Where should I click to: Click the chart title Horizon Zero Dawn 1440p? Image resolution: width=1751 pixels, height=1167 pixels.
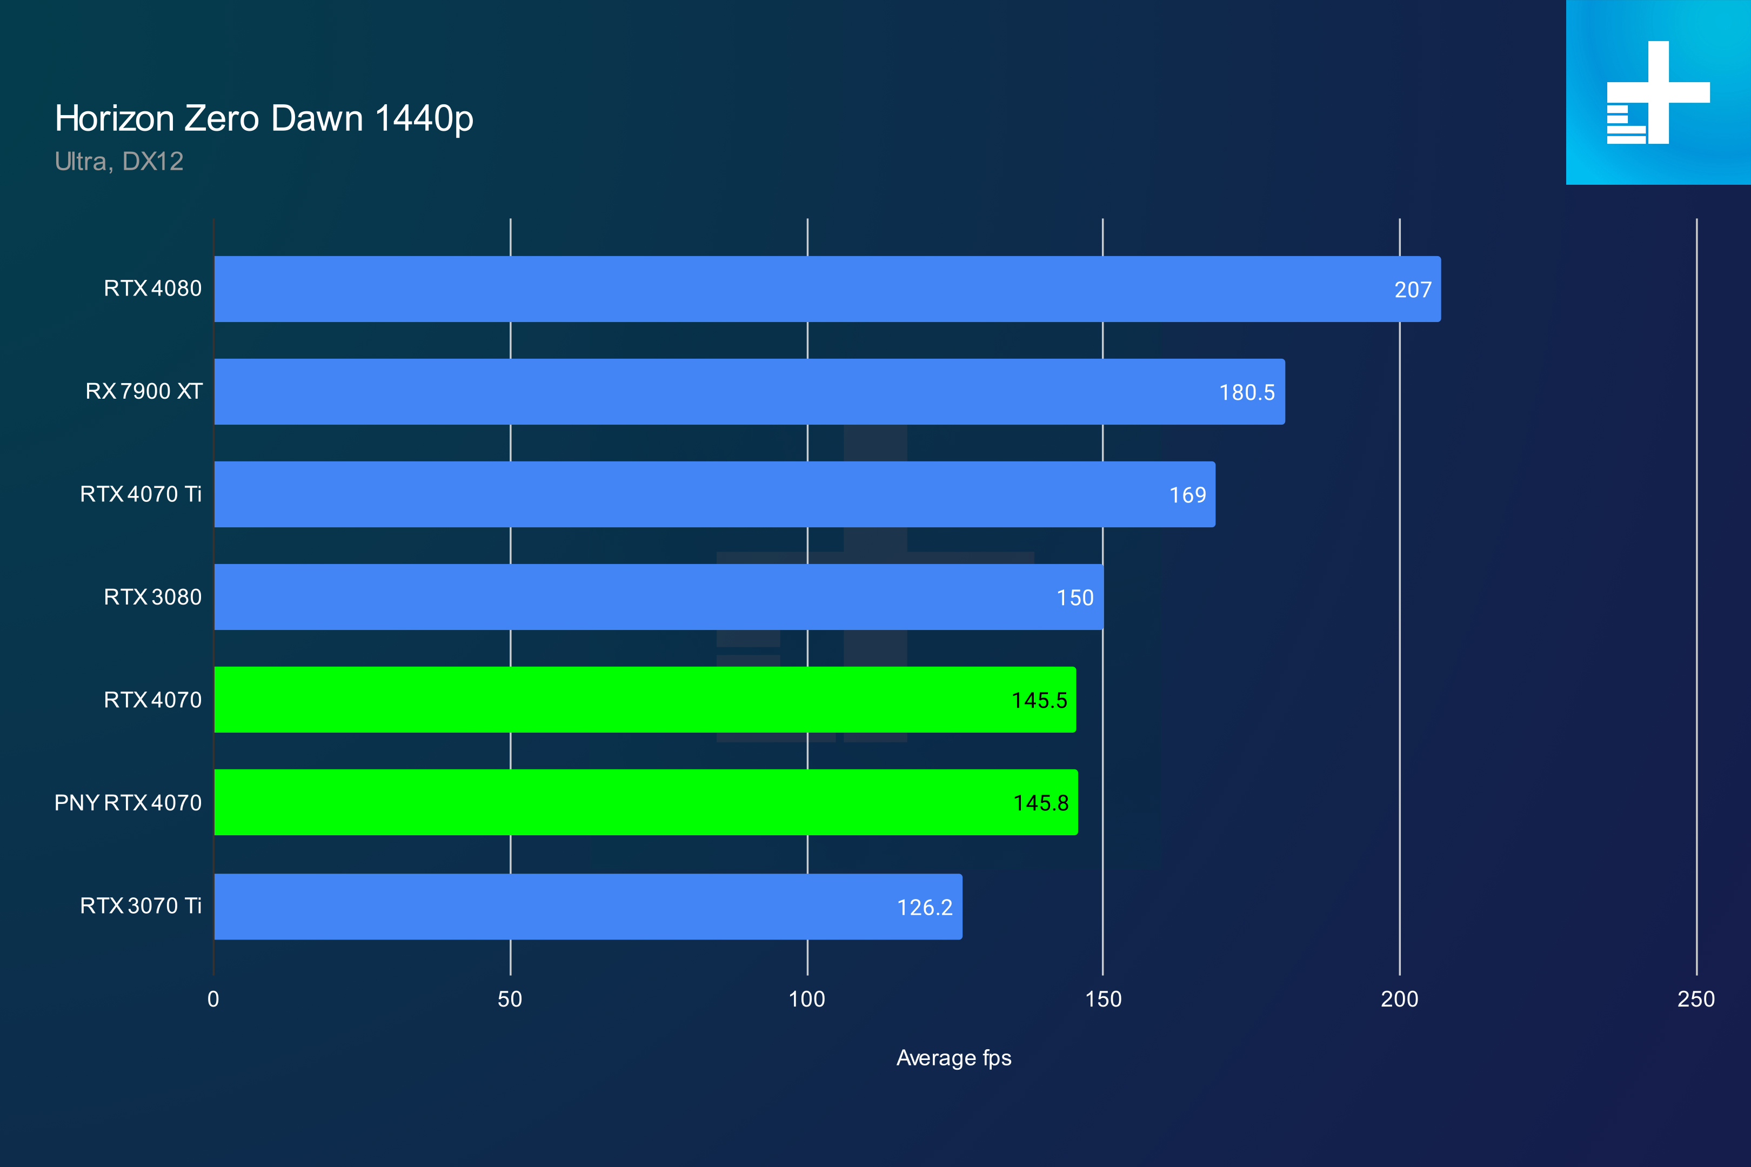(264, 118)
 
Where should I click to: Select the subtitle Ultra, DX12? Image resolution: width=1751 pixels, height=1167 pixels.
(118, 162)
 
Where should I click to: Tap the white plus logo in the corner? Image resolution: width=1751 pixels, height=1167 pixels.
(1658, 92)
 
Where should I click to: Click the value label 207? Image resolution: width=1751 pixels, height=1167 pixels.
(1412, 290)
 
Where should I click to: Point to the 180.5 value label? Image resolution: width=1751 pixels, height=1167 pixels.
(1246, 392)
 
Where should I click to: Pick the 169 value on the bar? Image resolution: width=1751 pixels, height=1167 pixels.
(1187, 495)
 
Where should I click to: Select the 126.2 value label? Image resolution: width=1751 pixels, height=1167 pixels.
(925, 907)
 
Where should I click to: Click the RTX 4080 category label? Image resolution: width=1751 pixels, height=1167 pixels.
(152, 289)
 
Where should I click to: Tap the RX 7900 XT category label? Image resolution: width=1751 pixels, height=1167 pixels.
(144, 392)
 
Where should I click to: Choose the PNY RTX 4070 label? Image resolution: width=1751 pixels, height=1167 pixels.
(128, 803)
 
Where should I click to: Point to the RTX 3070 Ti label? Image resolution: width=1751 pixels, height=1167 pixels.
(141, 906)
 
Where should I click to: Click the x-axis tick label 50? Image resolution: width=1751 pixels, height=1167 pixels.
(510, 1000)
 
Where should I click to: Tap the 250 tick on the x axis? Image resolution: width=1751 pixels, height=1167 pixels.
(1696, 1000)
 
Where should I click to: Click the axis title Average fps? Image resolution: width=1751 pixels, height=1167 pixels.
(954, 1058)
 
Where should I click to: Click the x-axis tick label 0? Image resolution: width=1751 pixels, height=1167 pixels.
(213, 1000)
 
